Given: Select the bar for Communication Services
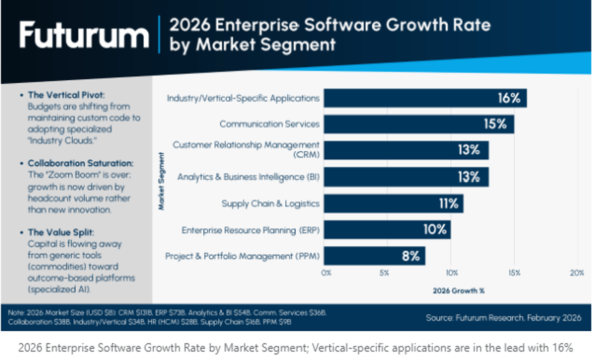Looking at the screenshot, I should click(419, 124).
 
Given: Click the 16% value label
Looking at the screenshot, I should click(509, 98).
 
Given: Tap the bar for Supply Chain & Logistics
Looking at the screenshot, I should click(394, 203).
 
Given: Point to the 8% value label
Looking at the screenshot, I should click(411, 256).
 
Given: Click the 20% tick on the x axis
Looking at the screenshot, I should click(577, 273).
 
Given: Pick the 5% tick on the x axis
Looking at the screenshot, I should click(388, 273).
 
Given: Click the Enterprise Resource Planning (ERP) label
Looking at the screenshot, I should click(250, 230).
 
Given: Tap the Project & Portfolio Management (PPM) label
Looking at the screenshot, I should click(242, 256).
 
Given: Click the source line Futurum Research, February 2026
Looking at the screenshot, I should click(504, 317).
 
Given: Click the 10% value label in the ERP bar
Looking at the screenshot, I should click(435, 230).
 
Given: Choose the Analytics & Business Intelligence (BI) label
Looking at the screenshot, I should click(248, 177).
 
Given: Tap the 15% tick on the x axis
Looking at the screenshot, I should click(514, 273).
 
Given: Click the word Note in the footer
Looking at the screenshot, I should click(15, 313).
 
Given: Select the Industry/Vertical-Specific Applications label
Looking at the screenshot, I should click(243, 98).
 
